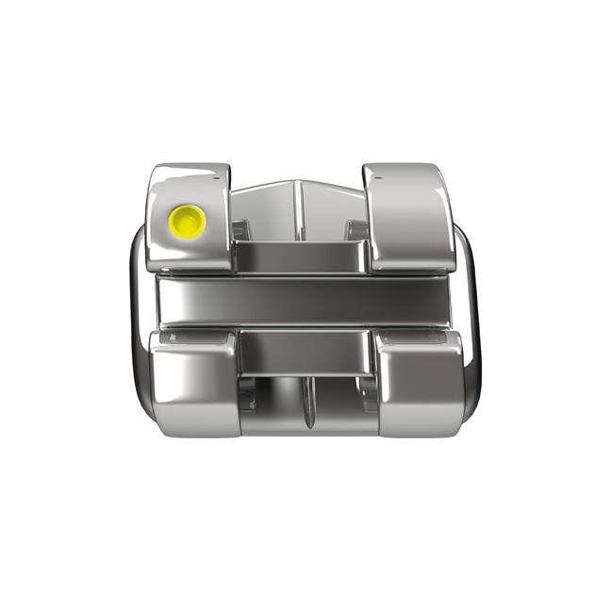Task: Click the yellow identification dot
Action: (187, 222)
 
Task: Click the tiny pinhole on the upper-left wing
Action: (224, 174)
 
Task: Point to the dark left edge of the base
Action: (135, 311)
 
